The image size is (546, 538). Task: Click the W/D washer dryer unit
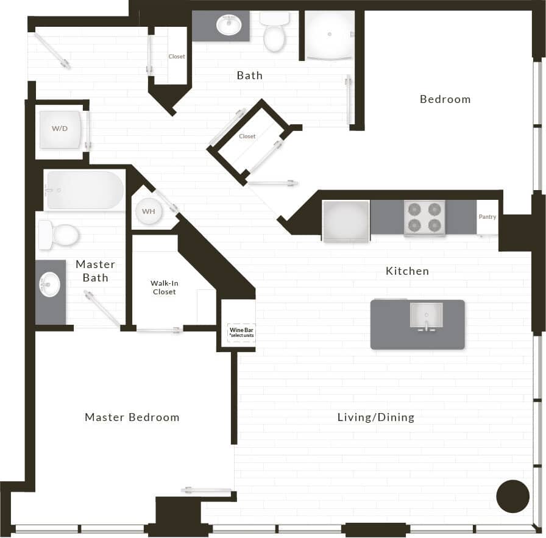point(60,129)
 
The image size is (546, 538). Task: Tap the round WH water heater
point(148,211)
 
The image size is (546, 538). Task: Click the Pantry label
point(487,217)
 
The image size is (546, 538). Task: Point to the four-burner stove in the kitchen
point(424,218)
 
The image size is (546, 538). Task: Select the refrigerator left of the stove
point(346,221)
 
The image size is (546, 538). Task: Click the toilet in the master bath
point(60,235)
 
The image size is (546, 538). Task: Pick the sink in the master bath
point(50,284)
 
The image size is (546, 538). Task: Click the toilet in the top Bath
point(274,34)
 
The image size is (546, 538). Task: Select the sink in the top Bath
point(229,26)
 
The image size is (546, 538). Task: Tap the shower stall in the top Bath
point(329,35)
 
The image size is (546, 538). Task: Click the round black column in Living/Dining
point(512,496)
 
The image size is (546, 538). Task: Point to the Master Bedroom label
point(132,417)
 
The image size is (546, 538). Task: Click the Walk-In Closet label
point(164,288)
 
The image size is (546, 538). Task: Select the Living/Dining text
point(376,417)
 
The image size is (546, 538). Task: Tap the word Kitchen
point(407,271)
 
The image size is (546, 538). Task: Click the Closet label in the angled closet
point(247,136)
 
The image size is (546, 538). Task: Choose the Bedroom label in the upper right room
point(445,99)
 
